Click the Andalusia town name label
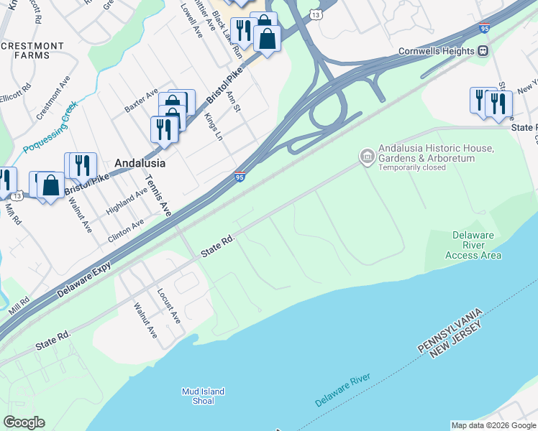(x=140, y=163)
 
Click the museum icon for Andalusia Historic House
(x=367, y=156)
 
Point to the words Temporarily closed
(x=412, y=168)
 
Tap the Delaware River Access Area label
(x=473, y=245)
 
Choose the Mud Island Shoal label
(x=203, y=396)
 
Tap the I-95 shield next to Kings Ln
(x=240, y=177)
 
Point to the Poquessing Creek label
(x=50, y=128)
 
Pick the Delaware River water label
(x=342, y=390)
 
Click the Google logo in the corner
(x=24, y=422)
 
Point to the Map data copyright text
(x=493, y=425)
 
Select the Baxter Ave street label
(x=141, y=100)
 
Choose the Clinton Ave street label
(x=127, y=228)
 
